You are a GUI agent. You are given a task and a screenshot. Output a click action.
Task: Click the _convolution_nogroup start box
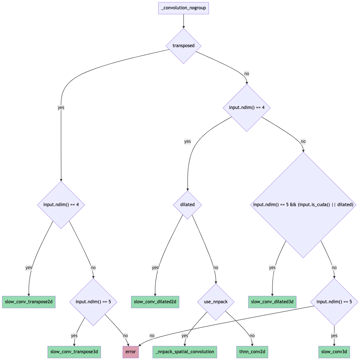pos(183,8)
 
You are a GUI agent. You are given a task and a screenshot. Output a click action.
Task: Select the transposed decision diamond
pos(183,46)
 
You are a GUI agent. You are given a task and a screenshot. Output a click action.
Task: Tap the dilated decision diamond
pos(187,205)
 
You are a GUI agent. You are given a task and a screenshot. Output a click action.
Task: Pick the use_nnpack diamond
pos(216,302)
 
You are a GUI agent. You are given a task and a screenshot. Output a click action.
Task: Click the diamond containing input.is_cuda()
pos(303,205)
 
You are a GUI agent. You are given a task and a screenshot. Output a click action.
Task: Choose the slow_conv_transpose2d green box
pos(29,302)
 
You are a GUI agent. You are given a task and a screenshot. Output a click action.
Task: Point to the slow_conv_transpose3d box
pos(74,352)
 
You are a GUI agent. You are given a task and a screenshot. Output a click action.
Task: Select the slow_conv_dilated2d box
pos(155,302)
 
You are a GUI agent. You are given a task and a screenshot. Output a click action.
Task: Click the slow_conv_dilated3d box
pos(272,302)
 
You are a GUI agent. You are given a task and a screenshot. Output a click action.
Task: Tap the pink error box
pos(131,352)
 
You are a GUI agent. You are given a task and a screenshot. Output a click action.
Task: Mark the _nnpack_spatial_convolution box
pos(185,352)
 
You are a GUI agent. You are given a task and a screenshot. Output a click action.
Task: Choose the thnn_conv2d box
pos(252,352)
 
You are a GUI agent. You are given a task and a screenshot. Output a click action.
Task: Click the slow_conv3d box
pos(334,352)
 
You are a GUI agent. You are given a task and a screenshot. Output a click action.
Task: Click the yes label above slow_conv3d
pos(334,336)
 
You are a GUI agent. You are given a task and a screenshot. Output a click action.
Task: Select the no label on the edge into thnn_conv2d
pos(252,336)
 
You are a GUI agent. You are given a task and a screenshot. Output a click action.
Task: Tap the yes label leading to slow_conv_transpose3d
pos(74,336)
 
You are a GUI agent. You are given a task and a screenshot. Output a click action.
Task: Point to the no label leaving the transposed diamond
pos(247,74)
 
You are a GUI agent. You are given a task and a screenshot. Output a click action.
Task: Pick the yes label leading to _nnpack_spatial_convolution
pos(185,336)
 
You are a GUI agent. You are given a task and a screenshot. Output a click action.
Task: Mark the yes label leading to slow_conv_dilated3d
pos(272,268)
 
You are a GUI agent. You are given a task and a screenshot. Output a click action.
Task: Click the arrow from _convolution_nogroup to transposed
pos(183,21)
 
